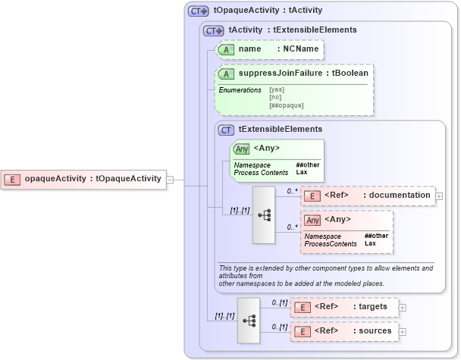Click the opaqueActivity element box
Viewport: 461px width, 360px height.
point(83,179)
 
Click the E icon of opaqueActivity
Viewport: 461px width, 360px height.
point(12,179)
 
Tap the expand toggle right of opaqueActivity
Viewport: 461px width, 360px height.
point(171,180)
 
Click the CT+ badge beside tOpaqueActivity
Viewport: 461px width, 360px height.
point(199,11)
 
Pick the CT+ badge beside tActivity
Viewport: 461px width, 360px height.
point(214,30)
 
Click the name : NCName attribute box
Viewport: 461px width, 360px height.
point(270,49)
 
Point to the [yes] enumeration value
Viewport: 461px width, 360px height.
point(278,90)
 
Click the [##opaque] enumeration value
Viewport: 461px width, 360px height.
point(286,105)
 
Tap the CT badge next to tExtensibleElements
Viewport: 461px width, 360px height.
point(226,130)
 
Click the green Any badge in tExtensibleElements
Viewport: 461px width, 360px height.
point(242,149)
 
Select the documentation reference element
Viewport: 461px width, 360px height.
point(368,196)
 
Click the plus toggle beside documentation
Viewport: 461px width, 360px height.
point(439,196)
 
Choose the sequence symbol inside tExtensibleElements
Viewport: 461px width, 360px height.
point(264,215)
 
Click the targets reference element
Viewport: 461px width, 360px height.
point(344,307)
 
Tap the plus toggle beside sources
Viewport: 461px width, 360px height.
point(403,331)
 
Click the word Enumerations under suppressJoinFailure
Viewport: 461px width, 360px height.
point(240,90)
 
